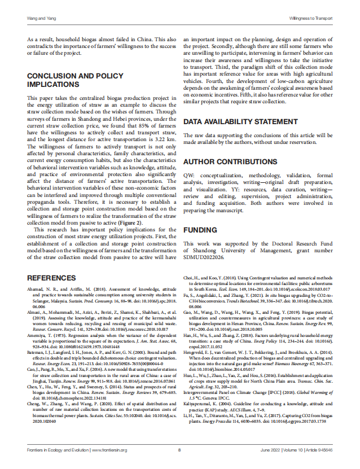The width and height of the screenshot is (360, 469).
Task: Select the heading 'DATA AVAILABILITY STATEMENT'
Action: [x=239, y=122]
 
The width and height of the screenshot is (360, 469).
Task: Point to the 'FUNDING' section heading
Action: [x=200, y=231]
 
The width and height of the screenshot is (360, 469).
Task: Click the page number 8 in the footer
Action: [x=179, y=450]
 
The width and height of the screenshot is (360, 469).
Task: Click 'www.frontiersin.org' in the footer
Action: [x=110, y=450]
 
